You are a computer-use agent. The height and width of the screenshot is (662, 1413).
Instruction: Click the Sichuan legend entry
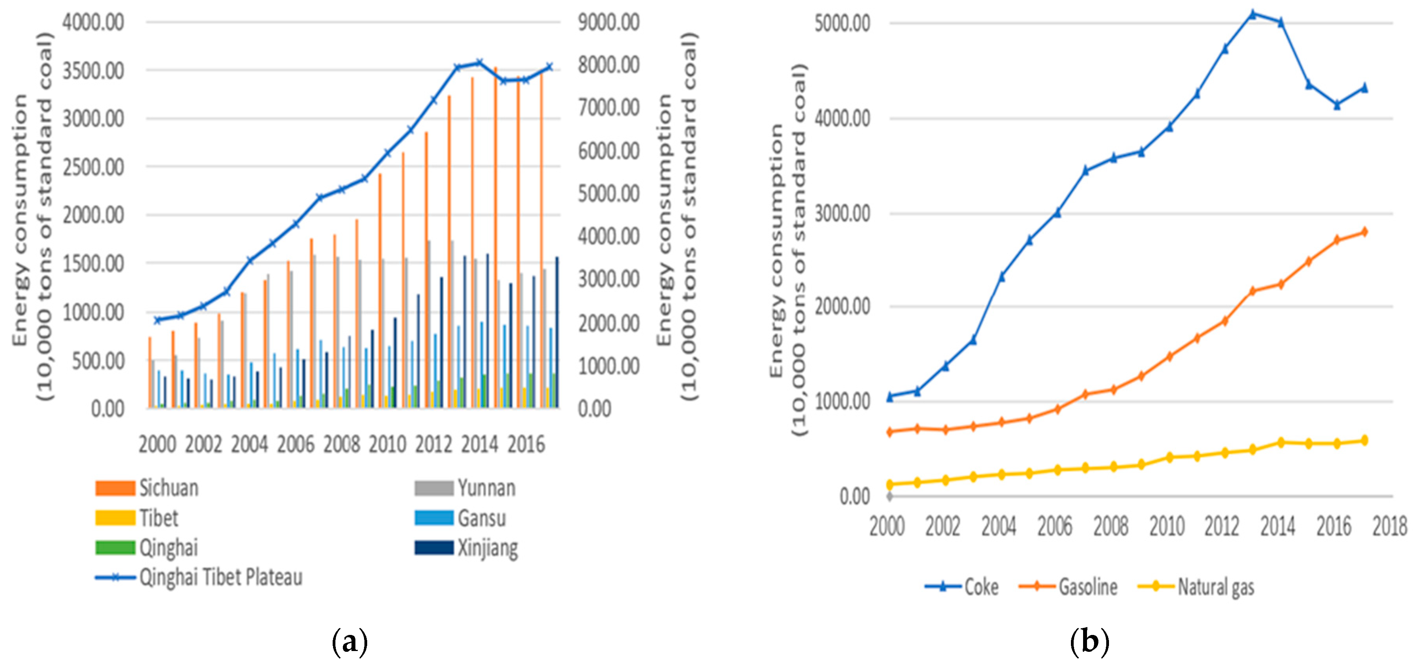click(x=147, y=487)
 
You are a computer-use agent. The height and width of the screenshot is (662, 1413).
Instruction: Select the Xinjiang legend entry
click(x=466, y=547)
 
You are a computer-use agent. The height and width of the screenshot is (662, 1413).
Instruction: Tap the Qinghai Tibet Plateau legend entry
click(x=198, y=577)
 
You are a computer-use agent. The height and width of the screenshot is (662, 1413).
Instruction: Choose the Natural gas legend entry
click(x=1196, y=587)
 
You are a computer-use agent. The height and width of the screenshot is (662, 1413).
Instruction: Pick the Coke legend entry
click(x=962, y=587)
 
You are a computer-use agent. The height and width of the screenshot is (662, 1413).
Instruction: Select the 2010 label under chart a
click(x=387, y=444)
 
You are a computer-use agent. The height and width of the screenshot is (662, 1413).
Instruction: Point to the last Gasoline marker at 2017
click(x=1364, y=231)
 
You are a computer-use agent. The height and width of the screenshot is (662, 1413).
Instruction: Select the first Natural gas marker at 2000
click(x=890, y=484)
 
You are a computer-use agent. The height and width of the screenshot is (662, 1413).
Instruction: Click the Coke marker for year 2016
click(x=1337, y=105)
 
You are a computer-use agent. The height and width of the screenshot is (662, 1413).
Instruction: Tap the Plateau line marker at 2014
click(x=479, y=62)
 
